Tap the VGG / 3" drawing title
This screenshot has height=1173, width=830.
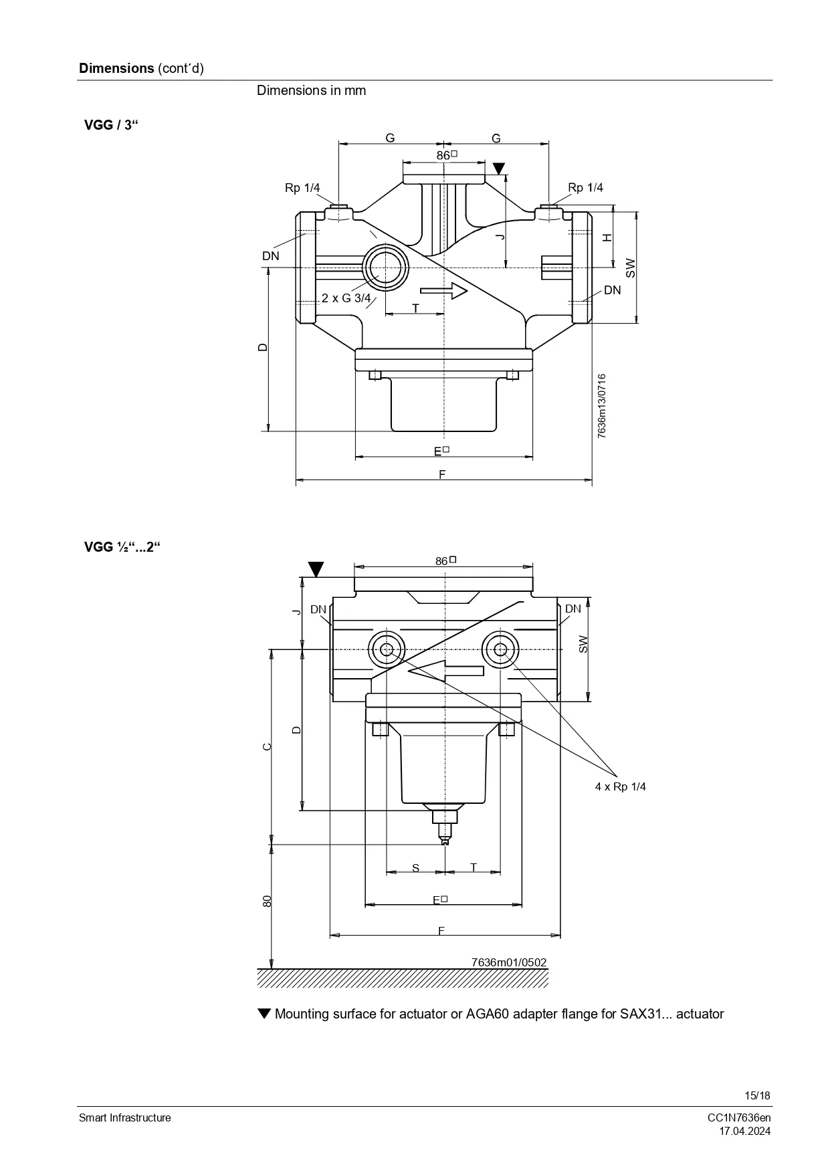point(110,125)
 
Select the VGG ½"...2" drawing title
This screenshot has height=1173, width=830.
point(122,547)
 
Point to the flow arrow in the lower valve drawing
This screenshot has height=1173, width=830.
point(445,670)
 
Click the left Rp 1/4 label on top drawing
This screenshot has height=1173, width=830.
point(302,188)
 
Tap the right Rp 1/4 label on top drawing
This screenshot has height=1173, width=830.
point(585,187)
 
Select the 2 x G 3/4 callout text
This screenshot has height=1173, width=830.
point(346,298)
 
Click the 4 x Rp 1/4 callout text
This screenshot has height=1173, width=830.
point(620,786)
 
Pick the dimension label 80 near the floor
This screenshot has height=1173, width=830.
point(268,901)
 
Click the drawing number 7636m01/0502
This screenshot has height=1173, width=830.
point(509,962)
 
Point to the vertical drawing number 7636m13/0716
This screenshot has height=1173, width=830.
point(602,406)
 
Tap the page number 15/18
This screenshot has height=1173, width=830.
point(758,1095)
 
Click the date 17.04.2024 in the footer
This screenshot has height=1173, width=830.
point(744,1132)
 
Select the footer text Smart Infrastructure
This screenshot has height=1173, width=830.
point(125,1118)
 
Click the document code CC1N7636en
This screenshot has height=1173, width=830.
point(739,1118)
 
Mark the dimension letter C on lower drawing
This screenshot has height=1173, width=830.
point(267,747)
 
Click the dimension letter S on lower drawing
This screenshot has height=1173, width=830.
point(415,868)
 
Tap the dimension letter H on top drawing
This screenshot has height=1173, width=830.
point(607,238)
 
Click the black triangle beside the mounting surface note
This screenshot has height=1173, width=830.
point(264,1014)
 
